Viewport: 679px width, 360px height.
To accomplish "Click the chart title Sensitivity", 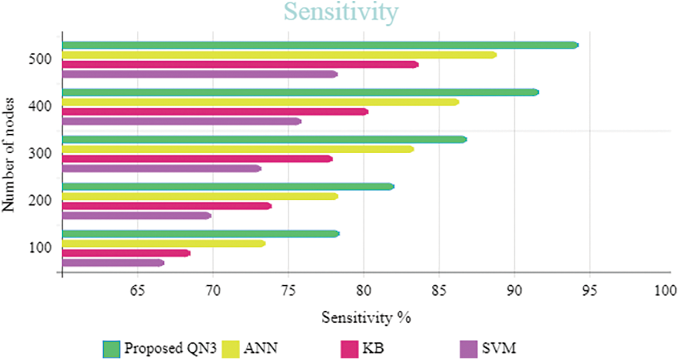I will coord(341,12).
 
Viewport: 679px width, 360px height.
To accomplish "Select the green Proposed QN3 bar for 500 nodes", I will coord(319,45).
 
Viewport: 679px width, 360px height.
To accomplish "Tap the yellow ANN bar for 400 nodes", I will coord(260,102).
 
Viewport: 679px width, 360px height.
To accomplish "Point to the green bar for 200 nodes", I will coord(228,187).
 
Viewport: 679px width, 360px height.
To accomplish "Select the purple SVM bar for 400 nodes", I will coord(181,121).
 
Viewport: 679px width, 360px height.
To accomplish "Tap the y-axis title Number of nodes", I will coord(9,154).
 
